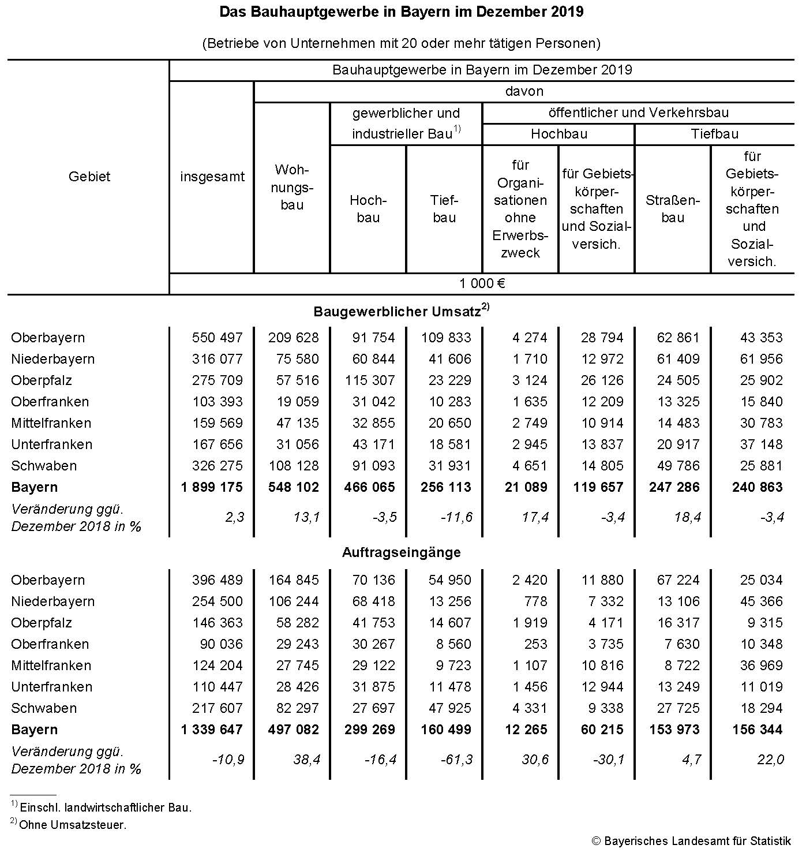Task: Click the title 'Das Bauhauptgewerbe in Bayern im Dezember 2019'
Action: coord(402,12)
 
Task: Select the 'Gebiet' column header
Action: coord(89,177)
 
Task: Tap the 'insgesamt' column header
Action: coord(212,177)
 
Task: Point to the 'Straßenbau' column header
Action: coord(673,209)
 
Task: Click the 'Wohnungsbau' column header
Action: coord(292,187)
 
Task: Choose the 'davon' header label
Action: coord(524,91)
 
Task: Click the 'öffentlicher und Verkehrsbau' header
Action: coord(638,113)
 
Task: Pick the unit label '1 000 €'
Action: coord(482,283)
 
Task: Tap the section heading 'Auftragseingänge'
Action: coord(402,552)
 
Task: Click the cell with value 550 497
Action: coord(218,338)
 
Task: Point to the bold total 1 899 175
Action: coord(212,487)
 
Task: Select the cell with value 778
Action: coord(535,601)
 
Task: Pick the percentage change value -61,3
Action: coord(456,760)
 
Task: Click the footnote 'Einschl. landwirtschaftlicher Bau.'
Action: coord(106,808)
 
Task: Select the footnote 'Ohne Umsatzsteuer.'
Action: coord(73,825)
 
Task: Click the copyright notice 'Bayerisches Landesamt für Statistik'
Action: coord(691,841)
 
